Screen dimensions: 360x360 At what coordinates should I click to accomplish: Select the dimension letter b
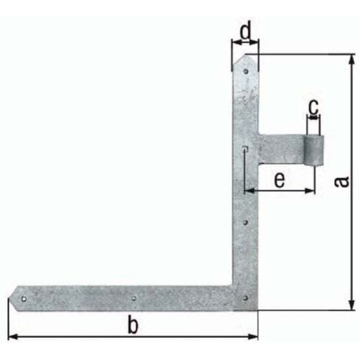tap(131, 325)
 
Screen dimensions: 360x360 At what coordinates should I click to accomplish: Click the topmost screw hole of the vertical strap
tap(246, 71)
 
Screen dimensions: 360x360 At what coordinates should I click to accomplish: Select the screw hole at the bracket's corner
tap(245, 297)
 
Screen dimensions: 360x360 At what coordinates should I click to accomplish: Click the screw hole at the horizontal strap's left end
tap(24, 298)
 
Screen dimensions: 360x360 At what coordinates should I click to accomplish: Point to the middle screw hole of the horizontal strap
tap(134, 297)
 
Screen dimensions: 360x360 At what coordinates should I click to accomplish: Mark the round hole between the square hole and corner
tap(245, 222)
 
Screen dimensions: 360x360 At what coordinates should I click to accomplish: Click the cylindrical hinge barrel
tap(314, 151)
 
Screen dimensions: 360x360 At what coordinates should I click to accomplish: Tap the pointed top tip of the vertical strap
tap(246, 56)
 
